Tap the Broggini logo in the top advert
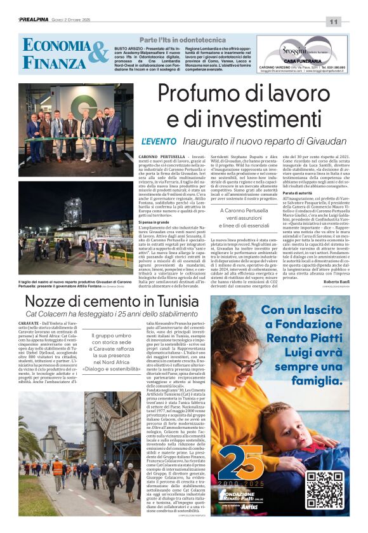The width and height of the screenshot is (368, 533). [x=294, y=49]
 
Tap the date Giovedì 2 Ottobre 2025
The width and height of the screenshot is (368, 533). [x=73, y=20]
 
